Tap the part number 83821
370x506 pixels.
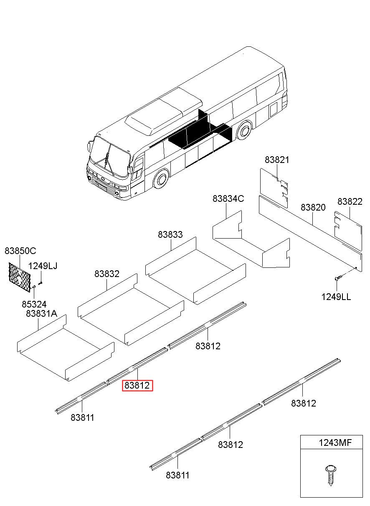[x=277, y=160]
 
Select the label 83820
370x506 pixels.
[x=313, y=207]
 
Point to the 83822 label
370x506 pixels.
[x=350, y=201]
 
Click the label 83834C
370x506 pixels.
[x=228, y=198]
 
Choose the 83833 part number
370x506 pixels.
[x=170, y=234]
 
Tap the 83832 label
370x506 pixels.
[x=107, y=274]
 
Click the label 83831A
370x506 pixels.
[x=41, y=313]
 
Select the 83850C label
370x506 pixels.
[x=20, y=251]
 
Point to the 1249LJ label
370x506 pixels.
[x=43, y=266]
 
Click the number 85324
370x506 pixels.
[x=34, y=304]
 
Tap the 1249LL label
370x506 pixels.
[x=336, y=297]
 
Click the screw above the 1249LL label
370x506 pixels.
[x=338, y=277]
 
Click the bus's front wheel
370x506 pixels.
[x=160, y=180]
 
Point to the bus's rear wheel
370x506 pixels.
[x=244, y=130]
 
